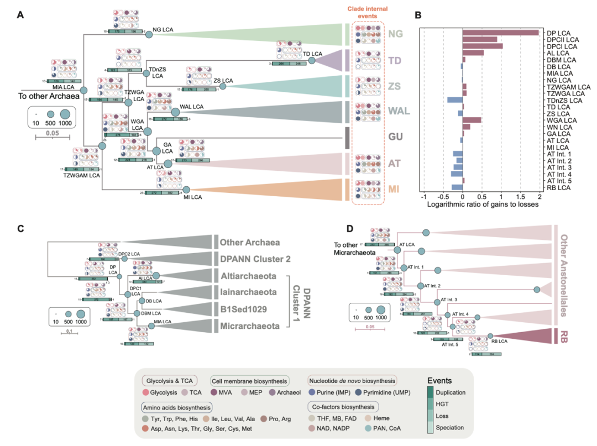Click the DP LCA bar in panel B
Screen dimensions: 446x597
pyautogui.click(x=500, y=32)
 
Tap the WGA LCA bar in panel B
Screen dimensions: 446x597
pyautogui.click(x=472, y=120)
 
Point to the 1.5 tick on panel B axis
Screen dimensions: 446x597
pyautogui.click(x=520, y=197)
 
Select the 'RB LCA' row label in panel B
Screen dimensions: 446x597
pyautogui.click(x=559, y=187)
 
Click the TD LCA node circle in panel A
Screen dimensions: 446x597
pyautogui.click(x=312, y=60)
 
